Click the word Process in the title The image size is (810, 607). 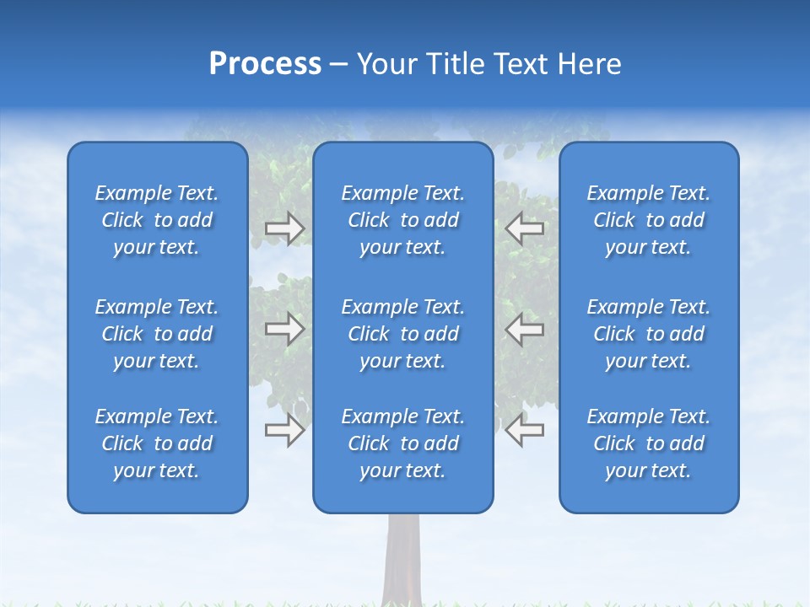(265, 64)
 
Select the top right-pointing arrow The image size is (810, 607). (284, 228)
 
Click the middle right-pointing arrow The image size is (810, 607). (284, 329)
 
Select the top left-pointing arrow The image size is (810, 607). (524, 228)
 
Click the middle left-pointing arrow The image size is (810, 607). (524, 329)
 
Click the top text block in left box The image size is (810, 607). (157, 220)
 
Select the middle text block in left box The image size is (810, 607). (157, 334)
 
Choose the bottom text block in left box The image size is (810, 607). (157, 443)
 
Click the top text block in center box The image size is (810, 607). (403, 220)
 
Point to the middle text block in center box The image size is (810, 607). (403, 334)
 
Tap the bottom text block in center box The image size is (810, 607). (403, 443)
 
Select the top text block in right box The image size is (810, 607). (649, 220)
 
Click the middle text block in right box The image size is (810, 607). (649, 334)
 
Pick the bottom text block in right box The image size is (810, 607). (649, 443)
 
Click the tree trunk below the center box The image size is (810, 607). (402, 561)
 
